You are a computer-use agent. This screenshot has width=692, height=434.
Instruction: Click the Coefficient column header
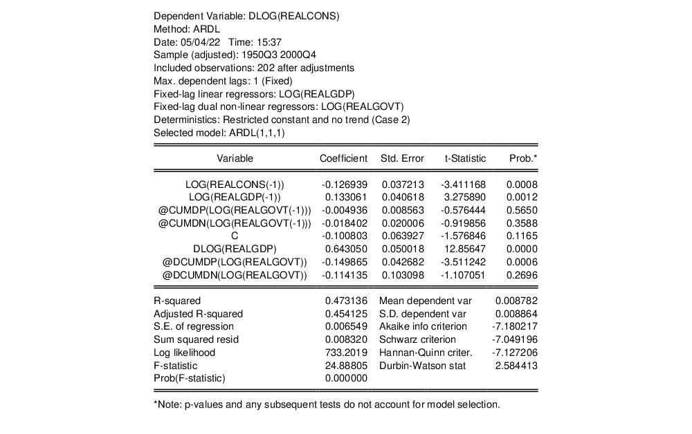(343, 158)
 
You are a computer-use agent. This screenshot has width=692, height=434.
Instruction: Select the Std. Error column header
(402, 158)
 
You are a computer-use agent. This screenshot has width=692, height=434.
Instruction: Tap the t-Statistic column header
(465, 158)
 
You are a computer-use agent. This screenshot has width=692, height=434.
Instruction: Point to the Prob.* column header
(523, 158)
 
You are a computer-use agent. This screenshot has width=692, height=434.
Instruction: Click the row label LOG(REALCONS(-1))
(235, 185)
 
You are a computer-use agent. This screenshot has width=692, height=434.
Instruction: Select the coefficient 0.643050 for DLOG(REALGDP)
(344, 249)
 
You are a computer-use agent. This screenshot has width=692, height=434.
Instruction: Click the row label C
(235, 236)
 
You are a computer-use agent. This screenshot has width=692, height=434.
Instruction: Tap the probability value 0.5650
(522, 210)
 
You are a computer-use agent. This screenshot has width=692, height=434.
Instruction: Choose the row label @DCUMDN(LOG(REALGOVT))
(235, 275)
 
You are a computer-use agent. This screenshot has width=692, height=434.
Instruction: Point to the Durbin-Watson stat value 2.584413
(516, 366)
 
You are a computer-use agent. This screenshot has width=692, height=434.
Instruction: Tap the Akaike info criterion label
(423, 326)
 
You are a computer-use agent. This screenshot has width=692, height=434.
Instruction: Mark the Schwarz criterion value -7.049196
(514, 339)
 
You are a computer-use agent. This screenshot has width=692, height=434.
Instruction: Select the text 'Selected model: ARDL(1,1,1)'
(219, 133)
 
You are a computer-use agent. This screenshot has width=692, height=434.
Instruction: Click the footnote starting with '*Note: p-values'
(326, 404)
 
